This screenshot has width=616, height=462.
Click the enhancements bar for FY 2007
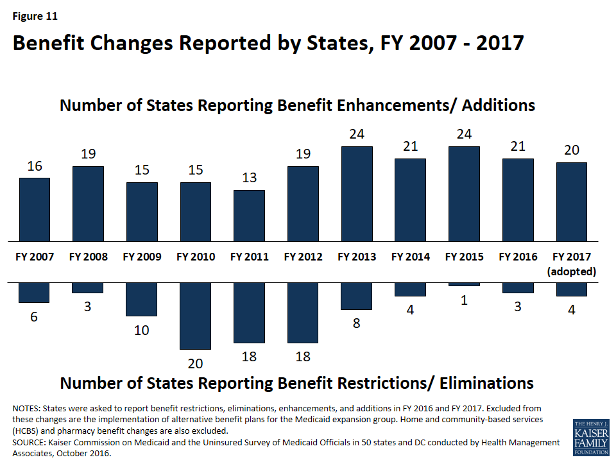[x=35, y=209]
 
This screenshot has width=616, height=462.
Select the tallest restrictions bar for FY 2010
[x=196, y=316]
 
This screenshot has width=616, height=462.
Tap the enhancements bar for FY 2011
[x=249, y=215]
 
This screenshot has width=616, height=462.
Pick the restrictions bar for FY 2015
[x=464, y=284]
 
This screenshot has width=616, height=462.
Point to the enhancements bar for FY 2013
[x=357, y=194]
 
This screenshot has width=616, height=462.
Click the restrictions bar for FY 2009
[x=142, y=299]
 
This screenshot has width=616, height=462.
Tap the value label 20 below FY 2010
[x=196, y=363]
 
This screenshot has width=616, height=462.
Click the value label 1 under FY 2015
[x=464, y=300]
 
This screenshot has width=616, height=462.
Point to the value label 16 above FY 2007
[x=35, y=166]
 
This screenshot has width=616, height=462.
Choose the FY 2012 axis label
[x=303, y=257]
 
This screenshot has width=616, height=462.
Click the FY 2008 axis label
[x=88, y=257]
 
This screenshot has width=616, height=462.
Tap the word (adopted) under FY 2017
[x=572, y=271]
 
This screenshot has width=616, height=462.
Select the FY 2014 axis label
[x=410, y=257]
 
